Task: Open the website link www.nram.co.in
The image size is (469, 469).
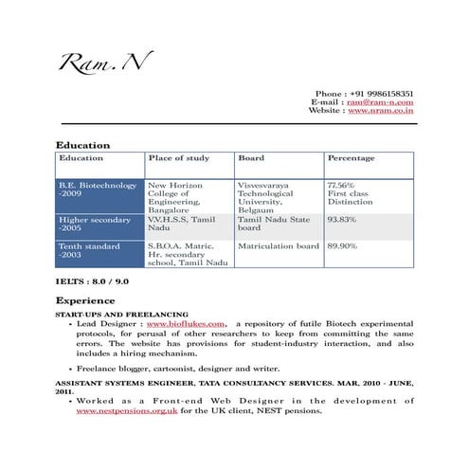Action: pos(381,111)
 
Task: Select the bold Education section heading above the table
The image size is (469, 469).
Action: pos(83,145)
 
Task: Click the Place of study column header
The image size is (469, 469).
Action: pos(179,158)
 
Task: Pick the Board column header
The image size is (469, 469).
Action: pos(251,158)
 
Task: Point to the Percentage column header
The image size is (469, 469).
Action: pos(351,158)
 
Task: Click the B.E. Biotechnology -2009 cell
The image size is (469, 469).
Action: pos(98,189)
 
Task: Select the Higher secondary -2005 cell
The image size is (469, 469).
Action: pos(95,224)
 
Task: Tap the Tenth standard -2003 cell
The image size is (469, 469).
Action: pos(89,251)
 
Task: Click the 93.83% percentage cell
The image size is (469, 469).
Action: pos(341,220)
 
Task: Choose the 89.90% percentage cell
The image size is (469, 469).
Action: pos(341,246)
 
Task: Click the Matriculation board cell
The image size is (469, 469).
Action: pos(279,246)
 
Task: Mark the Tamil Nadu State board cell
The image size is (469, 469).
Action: pos(273,224)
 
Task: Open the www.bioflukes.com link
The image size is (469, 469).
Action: pos(186,323)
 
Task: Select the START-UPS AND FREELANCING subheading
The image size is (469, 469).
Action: pos(121,313)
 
